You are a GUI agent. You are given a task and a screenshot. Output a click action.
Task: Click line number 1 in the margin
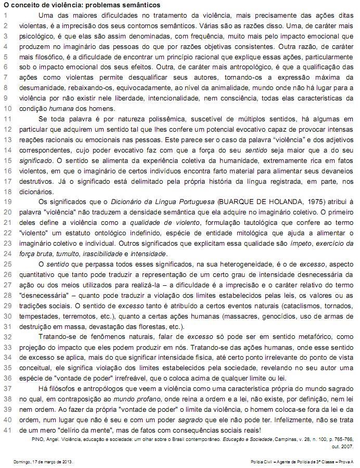click(x=6, y=15)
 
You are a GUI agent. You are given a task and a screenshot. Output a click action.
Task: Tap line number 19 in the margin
click(x=7, y=201)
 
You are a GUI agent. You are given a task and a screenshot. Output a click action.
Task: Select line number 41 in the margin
click(x=7, y=430)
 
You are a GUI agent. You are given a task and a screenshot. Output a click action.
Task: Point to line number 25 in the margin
click(x=7, y=264)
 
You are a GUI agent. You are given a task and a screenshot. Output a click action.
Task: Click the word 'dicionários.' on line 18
click(x=36, y=191)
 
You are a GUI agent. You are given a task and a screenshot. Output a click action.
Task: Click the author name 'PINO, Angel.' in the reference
click(x=41, y=439)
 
